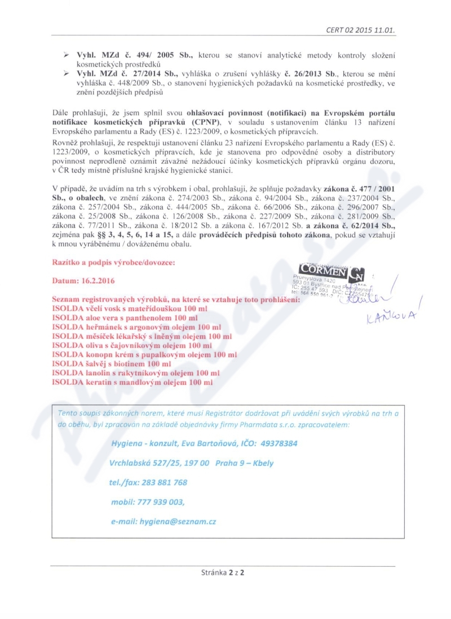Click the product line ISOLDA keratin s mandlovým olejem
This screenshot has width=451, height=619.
tap(132, 382)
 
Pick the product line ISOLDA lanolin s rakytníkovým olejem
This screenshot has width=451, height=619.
tap(136, 373)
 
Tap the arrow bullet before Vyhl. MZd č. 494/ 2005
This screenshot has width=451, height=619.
tap(66, 54)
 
